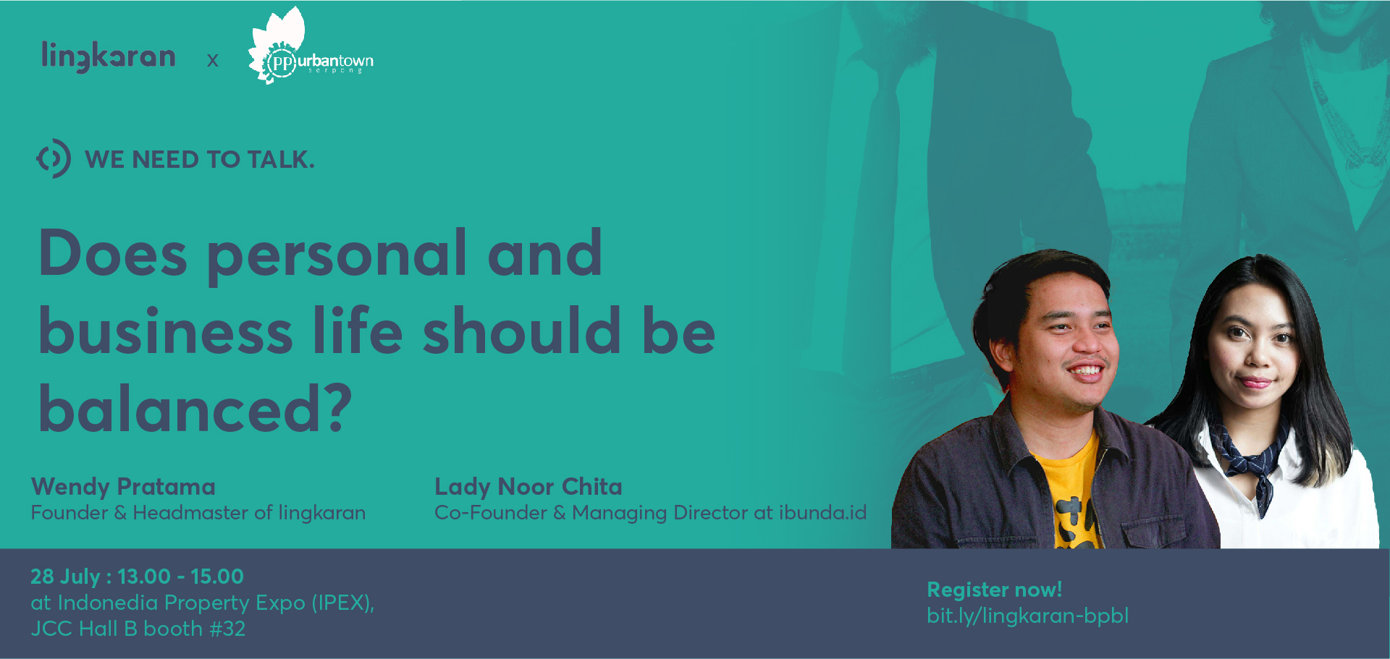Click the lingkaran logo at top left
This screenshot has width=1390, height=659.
point(109,56)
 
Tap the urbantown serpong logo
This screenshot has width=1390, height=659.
point(311,46)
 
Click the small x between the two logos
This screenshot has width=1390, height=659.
point(212,60)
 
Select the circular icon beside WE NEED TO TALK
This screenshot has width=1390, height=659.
point(54,158)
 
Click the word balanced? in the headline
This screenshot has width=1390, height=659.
point(195,408)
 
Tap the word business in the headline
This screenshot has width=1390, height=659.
point(166,330)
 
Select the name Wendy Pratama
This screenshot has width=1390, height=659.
point(123,487)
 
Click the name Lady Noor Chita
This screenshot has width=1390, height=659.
point(528,487)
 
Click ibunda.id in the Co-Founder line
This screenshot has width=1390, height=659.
point(822,512)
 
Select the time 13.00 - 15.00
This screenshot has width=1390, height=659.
point(180,577)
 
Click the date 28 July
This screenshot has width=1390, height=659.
point(65,577)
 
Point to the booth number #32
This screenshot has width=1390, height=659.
point(227,629)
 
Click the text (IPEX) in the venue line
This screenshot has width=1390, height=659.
point(342,603)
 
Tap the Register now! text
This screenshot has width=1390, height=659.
point(995,590)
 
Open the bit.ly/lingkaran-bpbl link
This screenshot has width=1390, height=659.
point(1028,616)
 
